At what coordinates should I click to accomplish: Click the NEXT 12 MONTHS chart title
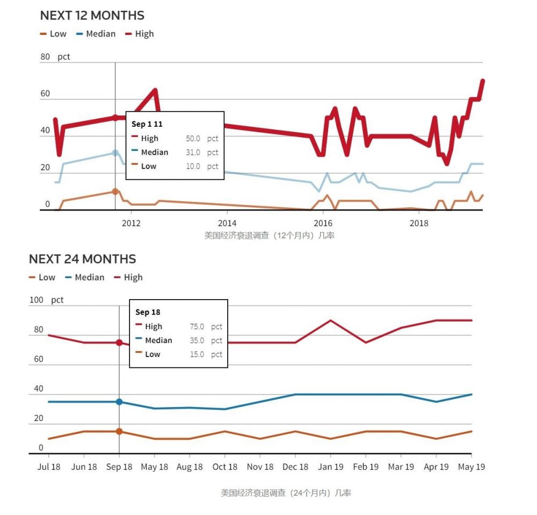(x=92, y=16)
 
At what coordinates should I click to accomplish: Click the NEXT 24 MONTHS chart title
(x=82, y=259)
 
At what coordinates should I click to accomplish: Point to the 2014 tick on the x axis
(x=227, y=222)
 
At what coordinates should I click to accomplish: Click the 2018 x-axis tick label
(x=419, y=222)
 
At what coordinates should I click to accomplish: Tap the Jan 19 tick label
(x=330, y=467)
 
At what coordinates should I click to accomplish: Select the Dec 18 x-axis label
(x=295, y=467)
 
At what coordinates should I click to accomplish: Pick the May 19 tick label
(x=471, y=467)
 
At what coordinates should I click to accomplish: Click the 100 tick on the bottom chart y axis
(x=36, y=300)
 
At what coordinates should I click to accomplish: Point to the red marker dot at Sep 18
(x=119, y=343)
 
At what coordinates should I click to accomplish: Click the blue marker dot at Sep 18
(x=119, y=402)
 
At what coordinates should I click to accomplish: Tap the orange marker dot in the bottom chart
(x=119, y=431)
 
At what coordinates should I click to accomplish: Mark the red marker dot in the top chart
(x=115, y=118)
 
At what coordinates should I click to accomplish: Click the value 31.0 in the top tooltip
(x=193, y=153)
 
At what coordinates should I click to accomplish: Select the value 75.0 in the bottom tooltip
(x=197, y=327)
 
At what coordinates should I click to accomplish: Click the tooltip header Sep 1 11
(x=147, y=124)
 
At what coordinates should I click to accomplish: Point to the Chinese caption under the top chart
(x=269, y=235)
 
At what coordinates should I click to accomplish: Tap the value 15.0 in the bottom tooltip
(x=197, y=354)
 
